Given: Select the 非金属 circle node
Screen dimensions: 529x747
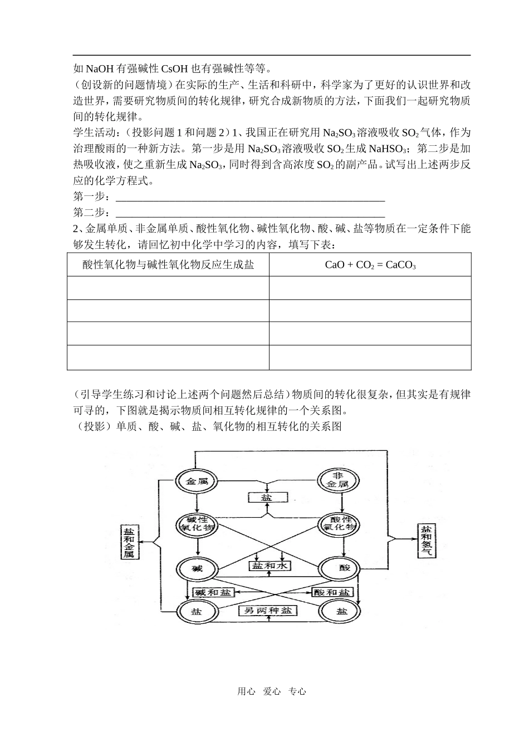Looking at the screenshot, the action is click(x=338, y=480).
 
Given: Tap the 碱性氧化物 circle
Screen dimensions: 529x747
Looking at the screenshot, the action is click(x=197, y=523).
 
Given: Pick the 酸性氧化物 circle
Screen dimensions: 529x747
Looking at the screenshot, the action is click(x=338, y=523).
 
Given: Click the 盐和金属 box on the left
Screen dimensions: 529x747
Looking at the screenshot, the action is click(x=129, y=542).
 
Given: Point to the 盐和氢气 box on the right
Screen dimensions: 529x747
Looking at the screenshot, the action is click(x=426, y=540).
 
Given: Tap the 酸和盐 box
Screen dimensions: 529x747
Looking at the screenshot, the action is click(x=332, y=592).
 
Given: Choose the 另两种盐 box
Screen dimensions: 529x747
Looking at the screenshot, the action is click(x=268, y=611).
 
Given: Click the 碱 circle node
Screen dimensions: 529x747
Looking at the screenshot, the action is click(x=197, y=568).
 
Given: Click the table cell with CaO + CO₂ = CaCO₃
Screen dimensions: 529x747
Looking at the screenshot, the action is click(x=370, y=265).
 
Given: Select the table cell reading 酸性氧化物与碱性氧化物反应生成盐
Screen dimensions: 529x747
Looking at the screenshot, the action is click(x=168, y=265).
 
